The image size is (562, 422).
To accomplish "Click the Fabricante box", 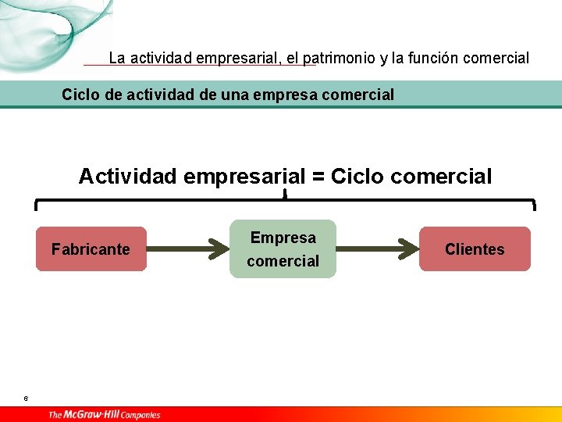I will [x=91, y=249].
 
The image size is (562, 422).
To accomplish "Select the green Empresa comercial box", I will [x=283, y=249].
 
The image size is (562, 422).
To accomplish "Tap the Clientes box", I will [x=475, y=249].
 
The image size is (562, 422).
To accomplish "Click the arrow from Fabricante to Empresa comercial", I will [x=187, y=249].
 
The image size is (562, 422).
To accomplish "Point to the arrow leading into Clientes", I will [x=378, y=249].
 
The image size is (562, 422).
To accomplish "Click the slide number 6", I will [x=26, y=399].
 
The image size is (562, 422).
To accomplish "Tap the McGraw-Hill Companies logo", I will [x=104, y=414].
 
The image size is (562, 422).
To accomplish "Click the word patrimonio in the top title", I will [x=339, y=58].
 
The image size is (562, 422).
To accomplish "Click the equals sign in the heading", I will [x=318, y=177].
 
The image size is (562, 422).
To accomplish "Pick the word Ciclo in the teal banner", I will [x=80, y=95].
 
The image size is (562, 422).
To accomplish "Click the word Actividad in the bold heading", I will [x=126, y=177].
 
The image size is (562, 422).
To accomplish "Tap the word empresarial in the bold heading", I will [x=244, y=177].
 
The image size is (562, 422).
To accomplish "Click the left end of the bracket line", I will [x=36, y=205].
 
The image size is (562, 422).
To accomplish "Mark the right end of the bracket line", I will [x=535, y=205].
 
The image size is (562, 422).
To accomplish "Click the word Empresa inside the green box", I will [x=283, y=238].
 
